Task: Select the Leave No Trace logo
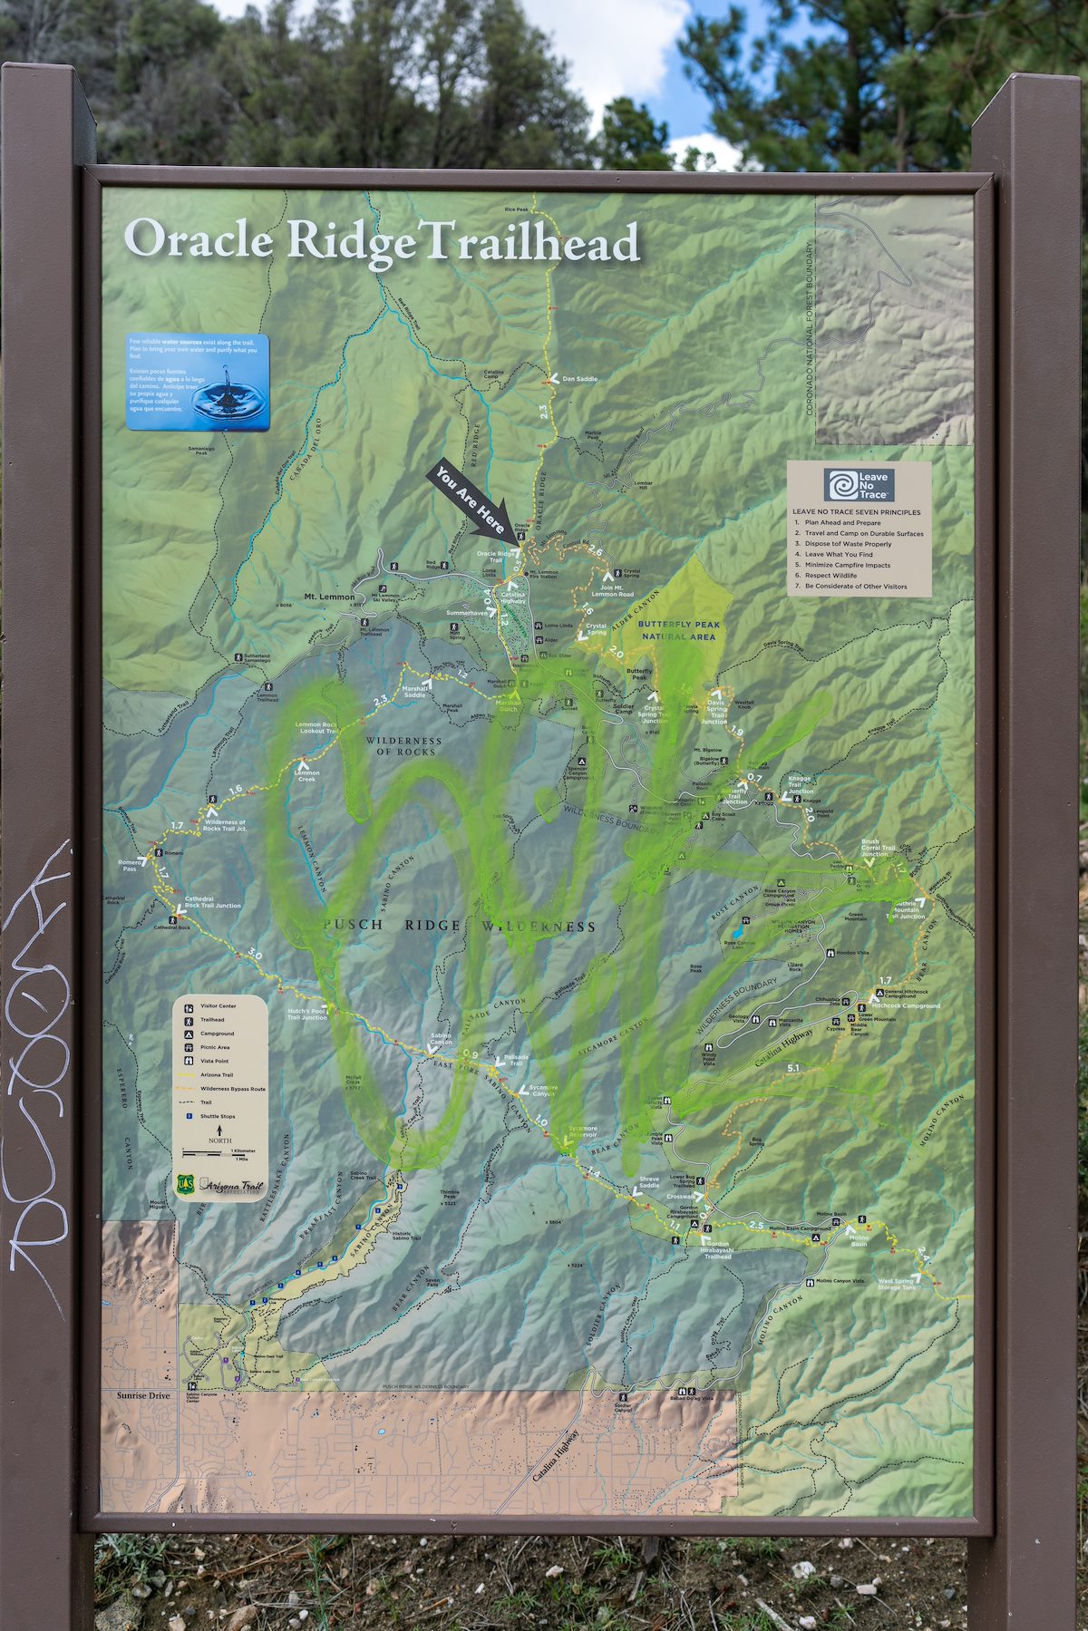click(x=859, y=485)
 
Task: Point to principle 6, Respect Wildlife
click(x=831, y=576)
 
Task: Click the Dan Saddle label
click(x=579, y=379)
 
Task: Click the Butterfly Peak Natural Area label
click(x=678, y=630)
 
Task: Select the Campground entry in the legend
click(x=217, y=1034)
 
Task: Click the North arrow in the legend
click(x=220, y=1131)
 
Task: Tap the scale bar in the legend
click(x=219, y=1153)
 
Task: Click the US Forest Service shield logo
click(x=186, y=1184)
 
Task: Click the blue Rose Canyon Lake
click(x=739, y=931)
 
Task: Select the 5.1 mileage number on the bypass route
click(x=793, y=1068)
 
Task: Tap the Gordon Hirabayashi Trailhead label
click(x=717, y=1251)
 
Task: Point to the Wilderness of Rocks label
click(x=403, y=745)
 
